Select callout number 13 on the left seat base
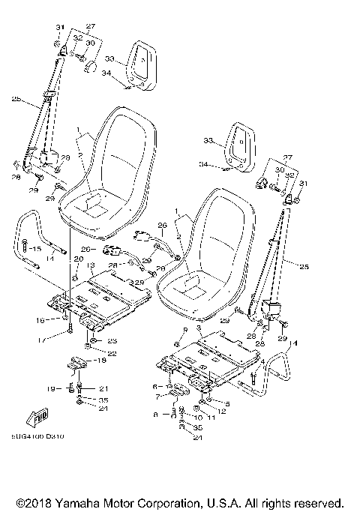(90, 265)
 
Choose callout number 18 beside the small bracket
(100, 361)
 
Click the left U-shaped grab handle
(28, 240)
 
